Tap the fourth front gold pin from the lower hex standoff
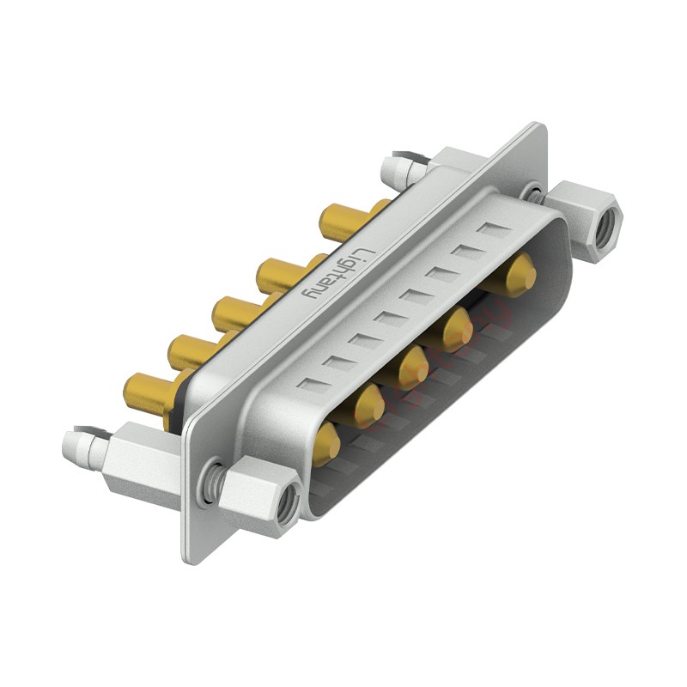coord(457,328)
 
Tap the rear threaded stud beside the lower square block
coord(84,447)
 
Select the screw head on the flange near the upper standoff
coord(535,195)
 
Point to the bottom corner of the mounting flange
coord(191,556)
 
